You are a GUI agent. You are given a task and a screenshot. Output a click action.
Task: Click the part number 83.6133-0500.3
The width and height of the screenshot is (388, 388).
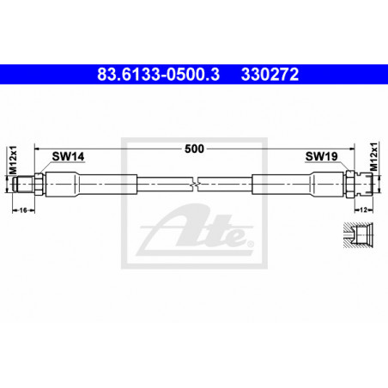tap(158, 75)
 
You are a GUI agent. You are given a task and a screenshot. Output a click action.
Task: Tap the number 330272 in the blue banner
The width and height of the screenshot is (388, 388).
tap(270, 75)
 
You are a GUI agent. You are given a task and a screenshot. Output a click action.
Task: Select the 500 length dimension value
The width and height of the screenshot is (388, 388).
tap(194, 149)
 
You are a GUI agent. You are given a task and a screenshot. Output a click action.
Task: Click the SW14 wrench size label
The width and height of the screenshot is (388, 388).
tap(68, 156)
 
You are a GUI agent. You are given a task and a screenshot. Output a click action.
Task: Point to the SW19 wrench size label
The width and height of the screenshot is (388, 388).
tap(321, 156)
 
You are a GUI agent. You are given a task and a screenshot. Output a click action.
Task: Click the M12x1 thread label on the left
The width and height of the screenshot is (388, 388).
tap(13, 160)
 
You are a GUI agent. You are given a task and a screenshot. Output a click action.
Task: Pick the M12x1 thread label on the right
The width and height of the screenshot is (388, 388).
tap(373, 156)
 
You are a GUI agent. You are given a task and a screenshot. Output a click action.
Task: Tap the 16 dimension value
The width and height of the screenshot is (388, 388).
tap(23, 210)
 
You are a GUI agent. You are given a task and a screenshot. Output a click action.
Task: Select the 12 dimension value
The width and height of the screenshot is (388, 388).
tap(363, 210)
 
